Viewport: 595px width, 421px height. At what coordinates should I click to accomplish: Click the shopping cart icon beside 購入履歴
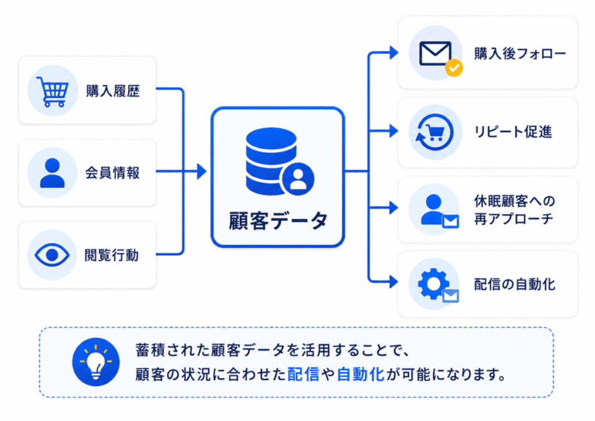[52, 91]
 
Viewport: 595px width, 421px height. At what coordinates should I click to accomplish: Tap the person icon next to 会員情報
[52, 173]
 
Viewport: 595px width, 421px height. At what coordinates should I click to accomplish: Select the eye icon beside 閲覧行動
[52, 255]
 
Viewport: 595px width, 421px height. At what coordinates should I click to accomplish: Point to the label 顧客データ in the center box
[278, 220]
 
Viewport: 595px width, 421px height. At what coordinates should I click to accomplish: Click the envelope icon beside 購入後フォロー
[435, 53]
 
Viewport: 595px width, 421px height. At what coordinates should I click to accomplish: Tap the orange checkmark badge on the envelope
[454, 68]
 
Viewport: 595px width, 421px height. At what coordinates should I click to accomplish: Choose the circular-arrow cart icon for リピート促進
[435, 132]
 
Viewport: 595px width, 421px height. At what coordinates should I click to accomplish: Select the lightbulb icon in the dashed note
[96, 362]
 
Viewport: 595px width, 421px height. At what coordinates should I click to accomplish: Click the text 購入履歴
[113, 91]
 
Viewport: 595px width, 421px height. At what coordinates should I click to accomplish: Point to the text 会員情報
[112, 173]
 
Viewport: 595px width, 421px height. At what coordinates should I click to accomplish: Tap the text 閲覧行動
[112, 255]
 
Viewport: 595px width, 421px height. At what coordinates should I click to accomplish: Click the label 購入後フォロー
[520, 53]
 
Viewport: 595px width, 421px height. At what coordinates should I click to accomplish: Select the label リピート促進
[513, 132]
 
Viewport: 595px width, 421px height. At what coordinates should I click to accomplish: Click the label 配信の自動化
[515, 284]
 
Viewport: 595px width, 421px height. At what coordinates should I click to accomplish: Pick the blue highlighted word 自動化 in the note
[360, 374]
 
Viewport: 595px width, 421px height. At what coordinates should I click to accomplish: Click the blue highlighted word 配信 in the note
[303, 374]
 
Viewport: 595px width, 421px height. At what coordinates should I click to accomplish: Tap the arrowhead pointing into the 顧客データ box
[202, 172]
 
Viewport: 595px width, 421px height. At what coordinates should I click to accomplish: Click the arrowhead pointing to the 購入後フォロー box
[394, 53]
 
